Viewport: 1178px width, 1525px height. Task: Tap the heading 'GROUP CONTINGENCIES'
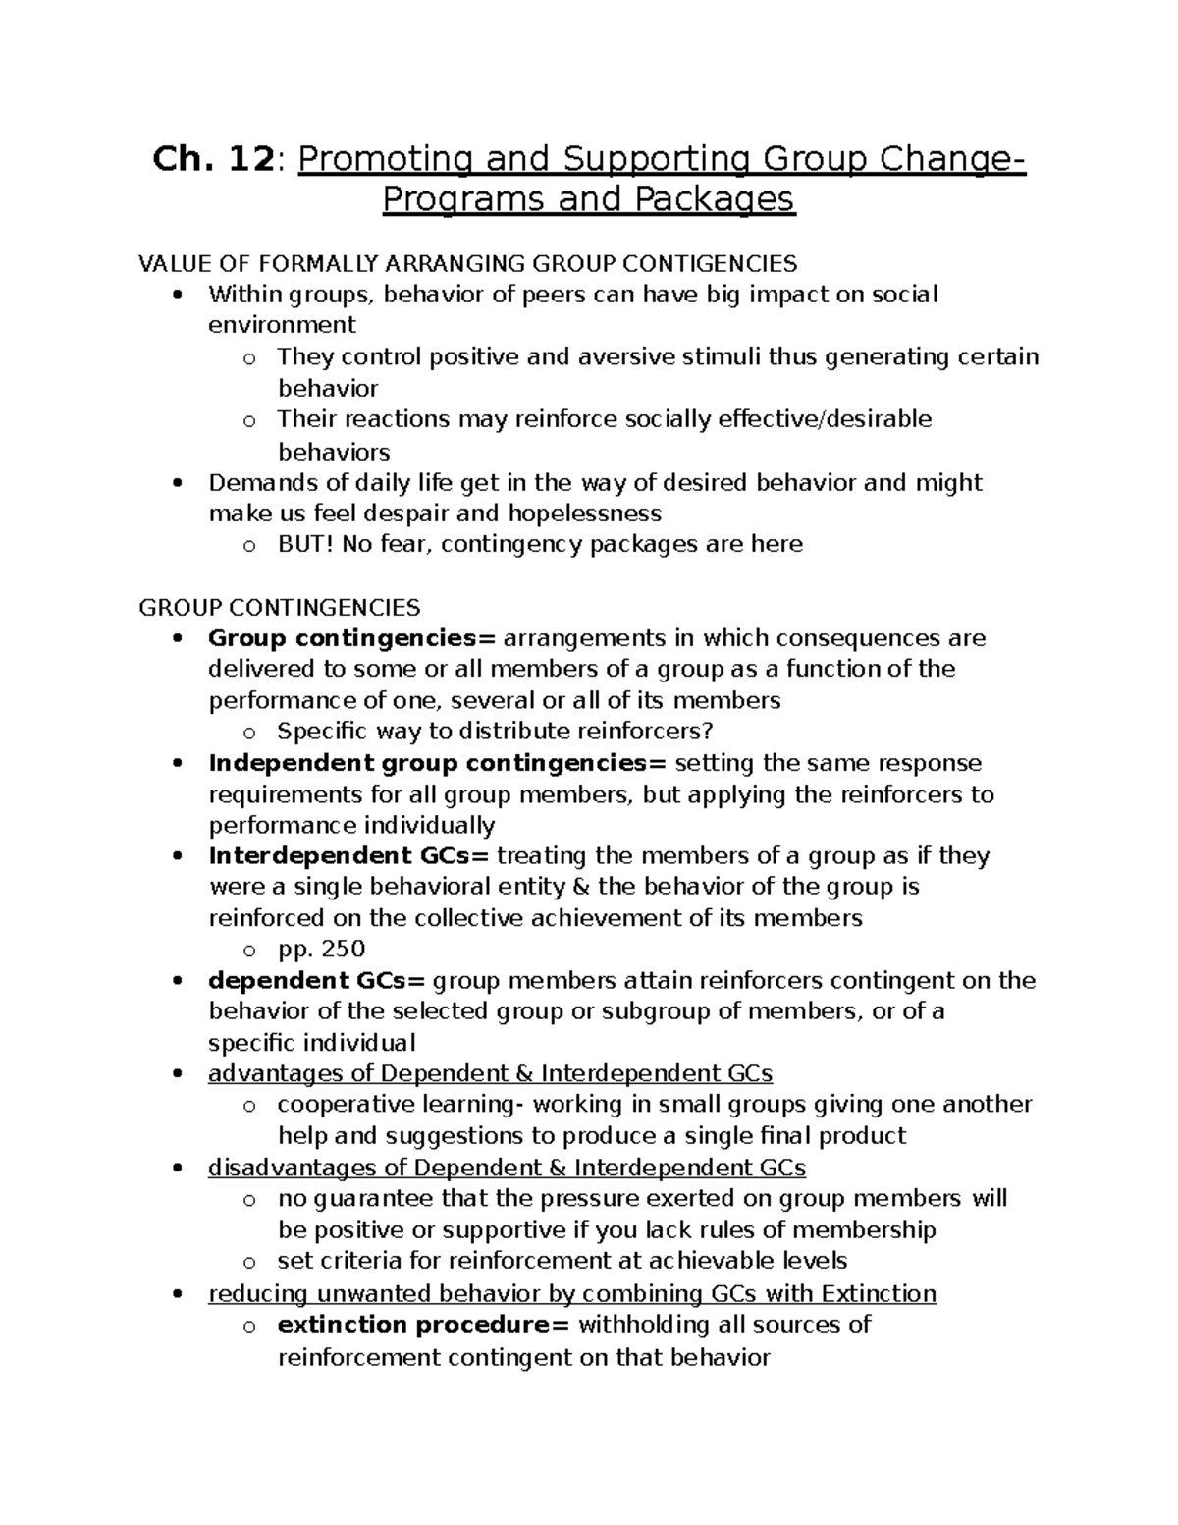280,607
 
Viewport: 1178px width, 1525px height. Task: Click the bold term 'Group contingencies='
352,638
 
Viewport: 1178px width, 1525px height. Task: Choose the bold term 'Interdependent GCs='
348,856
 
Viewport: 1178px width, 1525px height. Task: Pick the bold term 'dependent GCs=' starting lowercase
317,980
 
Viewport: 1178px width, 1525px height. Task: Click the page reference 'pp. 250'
321,949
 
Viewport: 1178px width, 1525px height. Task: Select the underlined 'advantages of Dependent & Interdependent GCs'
490,1073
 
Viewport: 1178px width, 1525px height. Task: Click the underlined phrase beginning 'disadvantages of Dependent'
507,1168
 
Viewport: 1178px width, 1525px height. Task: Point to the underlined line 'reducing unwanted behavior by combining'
571,1293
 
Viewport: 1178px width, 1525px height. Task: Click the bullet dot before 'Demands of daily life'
178,483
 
